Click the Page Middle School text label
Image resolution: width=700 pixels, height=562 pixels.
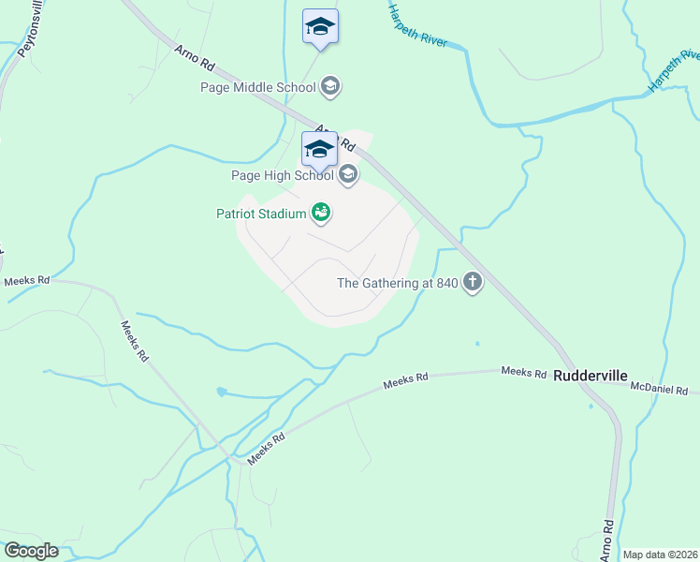(x=258, y=88)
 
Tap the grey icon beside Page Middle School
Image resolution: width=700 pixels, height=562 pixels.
(x=329, y=88)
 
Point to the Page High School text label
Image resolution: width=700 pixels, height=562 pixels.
(x=283, y=174)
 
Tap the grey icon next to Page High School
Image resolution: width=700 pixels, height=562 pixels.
(x=348, y=174)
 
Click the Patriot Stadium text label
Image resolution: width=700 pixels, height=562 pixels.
(x=261, y=214)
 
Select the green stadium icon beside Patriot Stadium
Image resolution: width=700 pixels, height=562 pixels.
(x=321, y=214)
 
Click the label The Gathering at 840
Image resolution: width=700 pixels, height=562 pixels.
(x=397, y=283)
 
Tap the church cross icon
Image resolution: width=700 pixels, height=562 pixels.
(x=473, y=283)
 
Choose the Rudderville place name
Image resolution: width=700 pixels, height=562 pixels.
(x=590, y=376)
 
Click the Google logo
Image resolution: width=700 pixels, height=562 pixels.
(x=31, y=551)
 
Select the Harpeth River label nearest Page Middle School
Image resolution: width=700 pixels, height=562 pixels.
(x=418, y=26)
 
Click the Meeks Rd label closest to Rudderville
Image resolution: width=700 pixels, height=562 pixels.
(x=523, y=373)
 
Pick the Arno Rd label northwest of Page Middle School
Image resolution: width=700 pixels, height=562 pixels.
(x=195, y=58)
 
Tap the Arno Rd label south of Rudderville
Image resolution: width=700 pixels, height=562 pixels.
(x=608, y=539)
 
